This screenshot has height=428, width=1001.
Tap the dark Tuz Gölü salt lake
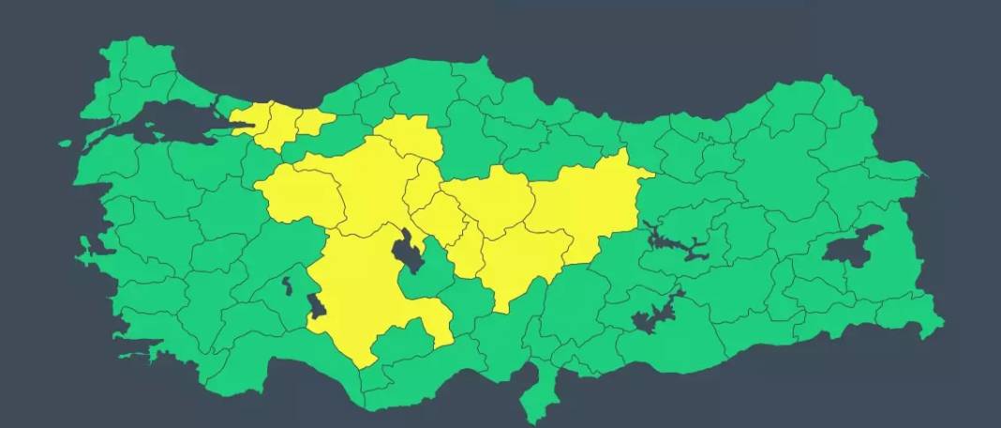(x=409, y=252)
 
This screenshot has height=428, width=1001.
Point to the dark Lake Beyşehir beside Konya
(x=317, y=306)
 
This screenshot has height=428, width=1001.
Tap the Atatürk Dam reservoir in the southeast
(x=656, y=314)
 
